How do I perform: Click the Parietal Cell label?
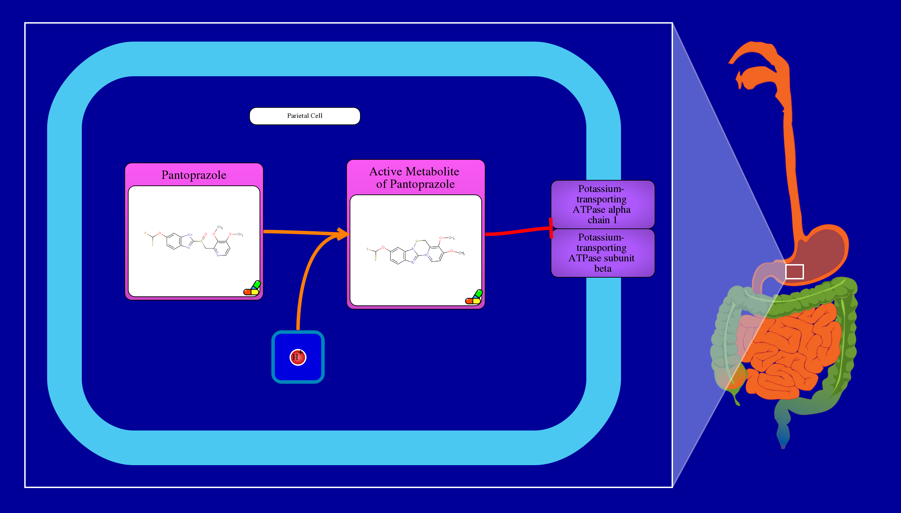305,116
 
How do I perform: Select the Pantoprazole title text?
194,175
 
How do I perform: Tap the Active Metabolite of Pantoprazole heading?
414,177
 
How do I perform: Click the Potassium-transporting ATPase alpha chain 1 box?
603,205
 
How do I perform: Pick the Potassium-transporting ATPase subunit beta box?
603,253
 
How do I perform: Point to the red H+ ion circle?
298,357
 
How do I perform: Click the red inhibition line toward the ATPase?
518,232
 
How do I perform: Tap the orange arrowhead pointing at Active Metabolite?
342,234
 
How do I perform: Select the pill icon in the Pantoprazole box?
252,288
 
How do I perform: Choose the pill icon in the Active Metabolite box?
474,297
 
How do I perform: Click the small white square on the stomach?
794,272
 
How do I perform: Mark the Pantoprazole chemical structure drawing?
194,241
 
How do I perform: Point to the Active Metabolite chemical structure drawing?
415,251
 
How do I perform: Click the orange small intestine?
793,352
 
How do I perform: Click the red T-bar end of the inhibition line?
551,228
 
